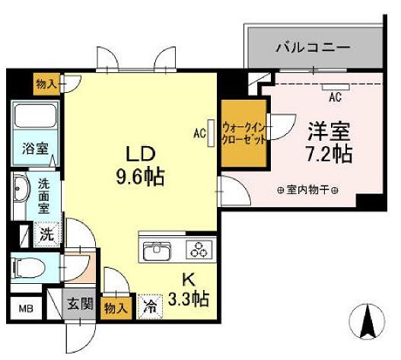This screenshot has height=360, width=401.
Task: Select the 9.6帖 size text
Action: (142, 178)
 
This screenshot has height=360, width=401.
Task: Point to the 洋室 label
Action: (328, 131)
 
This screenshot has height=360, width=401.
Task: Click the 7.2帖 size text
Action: (328, 155)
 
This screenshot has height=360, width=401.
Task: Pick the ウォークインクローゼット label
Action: (243, 134)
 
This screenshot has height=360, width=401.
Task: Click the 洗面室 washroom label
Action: (47, 194)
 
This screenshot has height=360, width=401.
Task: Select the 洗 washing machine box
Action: (46, 234)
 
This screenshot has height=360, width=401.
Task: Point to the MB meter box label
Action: (24, 310)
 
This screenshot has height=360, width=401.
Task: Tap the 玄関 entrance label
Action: (78, 305)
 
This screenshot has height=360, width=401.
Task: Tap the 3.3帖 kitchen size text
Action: (189, 298)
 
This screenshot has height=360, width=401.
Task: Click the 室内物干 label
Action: (309, 190)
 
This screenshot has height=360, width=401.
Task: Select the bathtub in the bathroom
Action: (33, 117)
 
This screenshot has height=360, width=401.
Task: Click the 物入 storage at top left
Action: (44, 81)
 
